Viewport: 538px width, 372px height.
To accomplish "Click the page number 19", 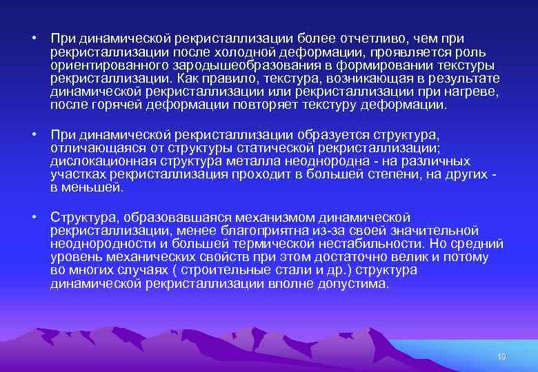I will pyautogui.click(x=501, y=356).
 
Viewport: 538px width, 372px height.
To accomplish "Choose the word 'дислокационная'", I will pyautogui.click(x=101, y=161).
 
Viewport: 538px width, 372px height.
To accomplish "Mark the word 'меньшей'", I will pyautogui.click(x=92, y=187).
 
